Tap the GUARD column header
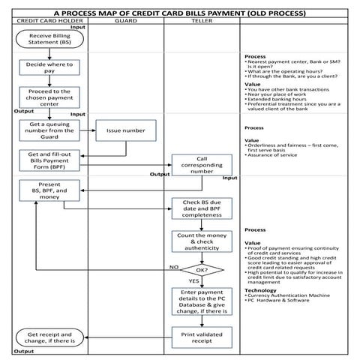(x=125, y=22)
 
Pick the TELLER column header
(x=199, y=22)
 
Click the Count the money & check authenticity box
(x=199, y=242)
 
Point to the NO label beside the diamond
(x=173, y=265)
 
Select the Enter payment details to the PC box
(x=199, y=301)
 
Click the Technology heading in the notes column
(x=261, y=290)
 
